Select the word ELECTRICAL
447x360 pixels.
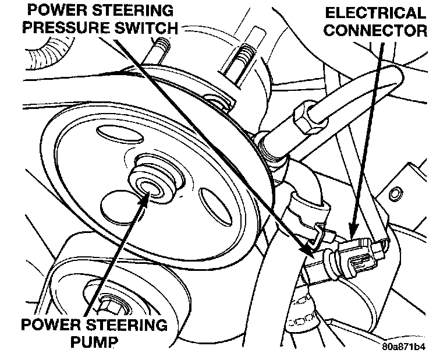[375, 13]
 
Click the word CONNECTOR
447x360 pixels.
[375, 30]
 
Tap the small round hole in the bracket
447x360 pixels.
[398, 193]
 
